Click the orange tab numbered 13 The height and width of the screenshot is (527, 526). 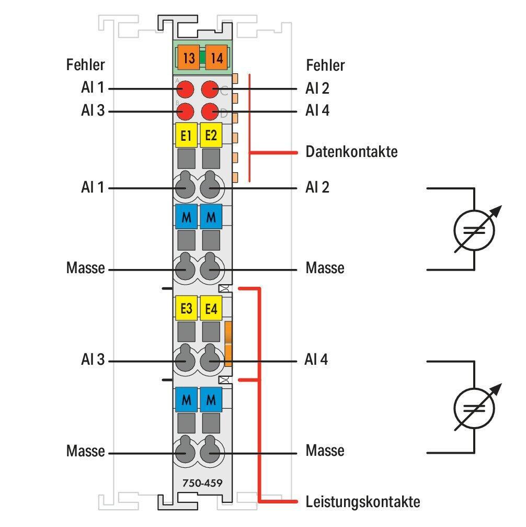point(189,58)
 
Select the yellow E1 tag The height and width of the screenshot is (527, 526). point(186,136)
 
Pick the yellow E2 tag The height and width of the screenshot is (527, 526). point(211,136)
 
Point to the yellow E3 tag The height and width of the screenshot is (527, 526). point(186,309)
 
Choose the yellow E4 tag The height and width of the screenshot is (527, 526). point(211,309)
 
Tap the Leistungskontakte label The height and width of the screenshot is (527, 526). point(362,502)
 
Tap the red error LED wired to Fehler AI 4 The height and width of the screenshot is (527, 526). point(210,111)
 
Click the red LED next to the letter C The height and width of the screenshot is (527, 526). point(210,89)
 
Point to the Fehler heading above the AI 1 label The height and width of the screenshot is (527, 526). point(85,65)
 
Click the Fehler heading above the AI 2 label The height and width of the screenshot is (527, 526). point(325,65)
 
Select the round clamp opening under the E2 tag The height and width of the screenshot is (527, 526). point(211,187)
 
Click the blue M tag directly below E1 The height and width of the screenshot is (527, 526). point(186,217)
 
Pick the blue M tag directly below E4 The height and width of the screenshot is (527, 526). point(211,400)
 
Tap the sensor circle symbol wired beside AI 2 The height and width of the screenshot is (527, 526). point(474,229)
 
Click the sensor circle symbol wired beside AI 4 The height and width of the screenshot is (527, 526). point(474,407)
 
